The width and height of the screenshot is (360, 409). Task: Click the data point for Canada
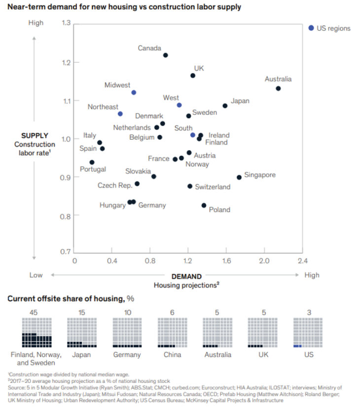(x=165, y=55)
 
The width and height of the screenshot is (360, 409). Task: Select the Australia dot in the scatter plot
(x=278, y=88)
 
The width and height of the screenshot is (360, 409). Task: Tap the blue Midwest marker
(x=134, y=92)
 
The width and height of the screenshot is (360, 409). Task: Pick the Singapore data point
(x=239, y=177)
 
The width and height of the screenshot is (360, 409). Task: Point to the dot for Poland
(x=204, y=205)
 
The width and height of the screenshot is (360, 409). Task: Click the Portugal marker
(x=92, y=162)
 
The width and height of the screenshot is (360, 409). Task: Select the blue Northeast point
(x=120, y=114)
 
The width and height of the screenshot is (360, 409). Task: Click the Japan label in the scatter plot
(x=240, y=101)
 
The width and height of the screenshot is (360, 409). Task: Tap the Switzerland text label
(x=213, y=187)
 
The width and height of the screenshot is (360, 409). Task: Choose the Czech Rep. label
(x=115, y=186)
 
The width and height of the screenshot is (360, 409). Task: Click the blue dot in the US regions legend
(x=311, y=28)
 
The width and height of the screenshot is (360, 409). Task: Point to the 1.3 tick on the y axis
(x=66, y=23)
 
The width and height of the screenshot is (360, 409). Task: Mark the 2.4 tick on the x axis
(x=302, y=260)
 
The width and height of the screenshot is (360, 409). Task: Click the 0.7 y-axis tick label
(x=66, y=252)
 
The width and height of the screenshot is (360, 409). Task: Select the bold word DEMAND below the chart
(x=187, y=276)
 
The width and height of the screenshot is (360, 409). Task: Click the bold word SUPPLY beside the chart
(x=35, y=135)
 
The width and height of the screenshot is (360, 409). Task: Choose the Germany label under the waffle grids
(x=127, y=355)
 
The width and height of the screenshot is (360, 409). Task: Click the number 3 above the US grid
(x=309, y=312)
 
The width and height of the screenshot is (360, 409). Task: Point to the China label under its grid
(x=173, y=355)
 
